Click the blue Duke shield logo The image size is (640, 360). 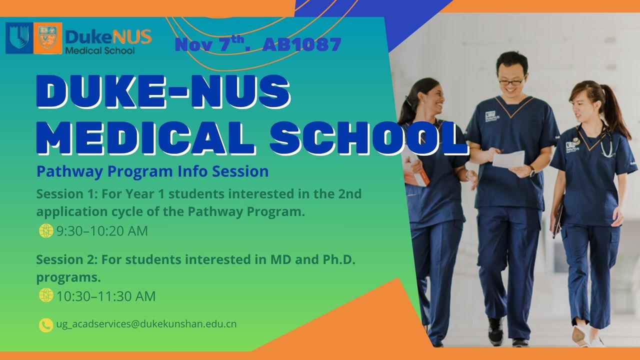(x=19, y=38)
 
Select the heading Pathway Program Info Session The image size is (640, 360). (x=152, y=171)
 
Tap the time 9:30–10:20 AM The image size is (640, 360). (x=102, y=231)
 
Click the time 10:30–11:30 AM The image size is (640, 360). (x=106, y=296)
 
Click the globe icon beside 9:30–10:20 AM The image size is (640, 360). (x=45, y=231)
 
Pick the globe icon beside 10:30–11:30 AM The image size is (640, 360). (x=45, y=295)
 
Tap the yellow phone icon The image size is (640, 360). (x=45, y=325)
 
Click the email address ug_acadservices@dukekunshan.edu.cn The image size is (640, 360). (x=146, y=324)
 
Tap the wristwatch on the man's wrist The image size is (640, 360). (x=531, y=171)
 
